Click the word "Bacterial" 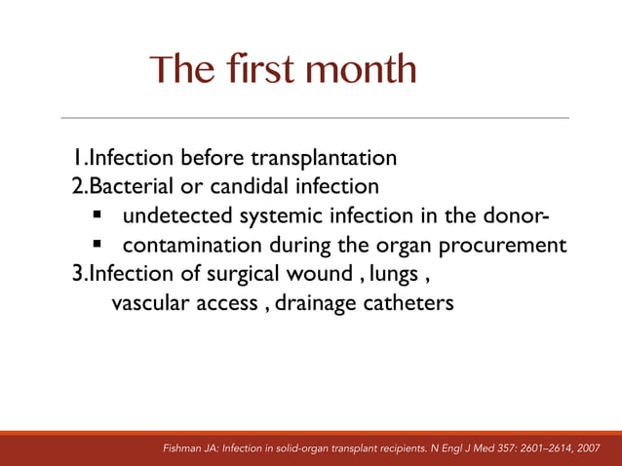130,185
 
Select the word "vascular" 152,303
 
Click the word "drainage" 317,303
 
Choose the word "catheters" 410,303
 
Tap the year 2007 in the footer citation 588,448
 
